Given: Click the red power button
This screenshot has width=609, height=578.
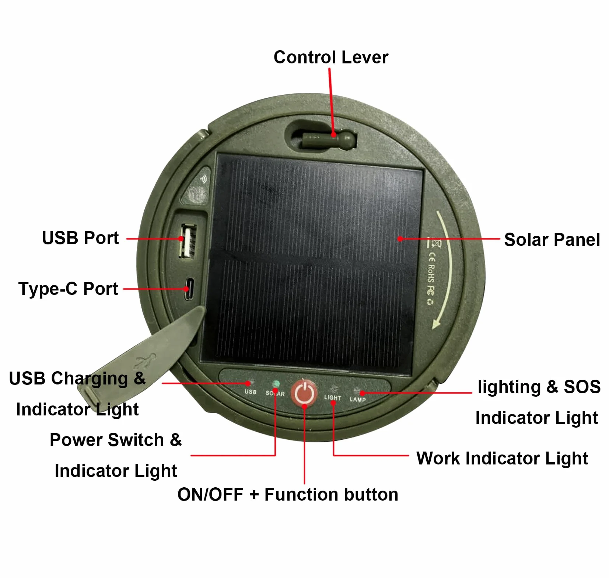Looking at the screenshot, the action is click(304, 393).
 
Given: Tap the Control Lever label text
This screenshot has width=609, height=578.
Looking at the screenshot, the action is click(331, 58).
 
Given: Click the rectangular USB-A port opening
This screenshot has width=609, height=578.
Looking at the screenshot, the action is click(188, 241).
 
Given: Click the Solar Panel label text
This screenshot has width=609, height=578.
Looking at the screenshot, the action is click(552, 240).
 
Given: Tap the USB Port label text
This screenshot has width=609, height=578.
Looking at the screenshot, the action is click(80, 238).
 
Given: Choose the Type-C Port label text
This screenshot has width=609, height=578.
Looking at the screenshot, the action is click(68, 289).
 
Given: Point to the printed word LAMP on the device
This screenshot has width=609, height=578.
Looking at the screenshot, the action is click(357, 399).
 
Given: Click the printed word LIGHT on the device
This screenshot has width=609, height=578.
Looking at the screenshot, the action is click(332, 398).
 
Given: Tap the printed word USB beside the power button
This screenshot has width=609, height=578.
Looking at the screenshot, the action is click(250, 392).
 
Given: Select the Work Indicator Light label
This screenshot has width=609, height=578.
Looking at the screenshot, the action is click(502, 459).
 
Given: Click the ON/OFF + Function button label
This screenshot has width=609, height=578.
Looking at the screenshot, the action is click(288, 494).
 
